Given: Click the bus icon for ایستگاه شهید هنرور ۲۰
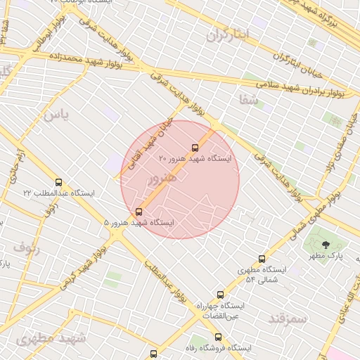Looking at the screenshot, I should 195,148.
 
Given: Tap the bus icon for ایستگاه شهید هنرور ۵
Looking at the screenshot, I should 138,211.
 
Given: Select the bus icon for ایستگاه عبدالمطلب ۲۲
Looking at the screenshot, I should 58,182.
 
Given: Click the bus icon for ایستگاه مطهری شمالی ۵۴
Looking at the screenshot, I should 262,259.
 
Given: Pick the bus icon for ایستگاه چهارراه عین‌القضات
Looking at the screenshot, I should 220,295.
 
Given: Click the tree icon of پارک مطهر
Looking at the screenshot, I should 325,244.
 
